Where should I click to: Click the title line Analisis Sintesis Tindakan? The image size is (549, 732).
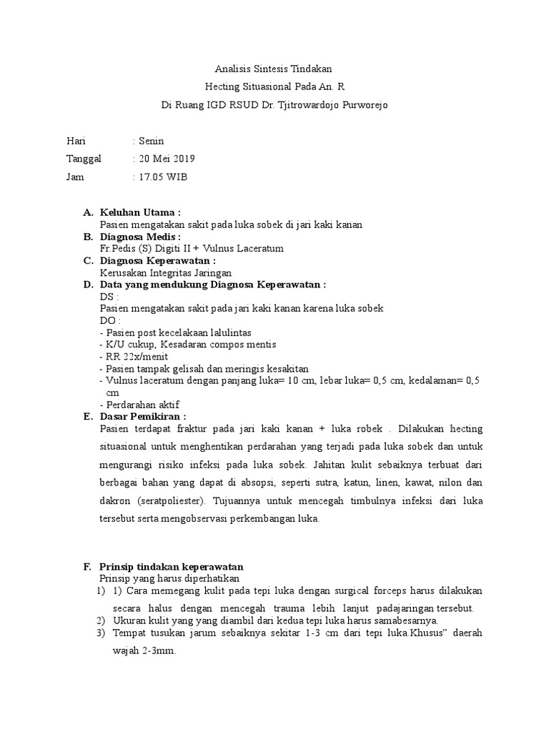[x=274, y=69]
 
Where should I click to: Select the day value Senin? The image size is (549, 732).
[x=151, y=141]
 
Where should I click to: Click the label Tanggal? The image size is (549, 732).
[x=84, y=159]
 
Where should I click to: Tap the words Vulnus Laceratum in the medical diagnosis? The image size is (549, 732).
[x=247, y=248]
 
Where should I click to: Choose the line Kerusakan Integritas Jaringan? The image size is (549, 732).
[x=166, y=272]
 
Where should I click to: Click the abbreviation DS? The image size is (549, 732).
[x=109, y=297]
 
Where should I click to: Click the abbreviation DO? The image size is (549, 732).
[x=109, y=321]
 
